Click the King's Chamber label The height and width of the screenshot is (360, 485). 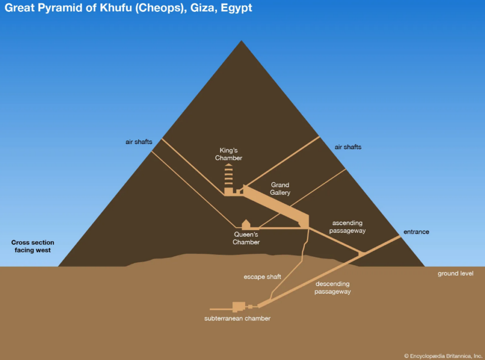pos(228,154)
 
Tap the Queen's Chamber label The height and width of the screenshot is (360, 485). pos(246,238)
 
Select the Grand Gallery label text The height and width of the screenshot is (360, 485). pos(280,188)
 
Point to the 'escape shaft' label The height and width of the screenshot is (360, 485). pos(262,277)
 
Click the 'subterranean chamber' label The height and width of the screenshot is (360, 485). pos(237,319)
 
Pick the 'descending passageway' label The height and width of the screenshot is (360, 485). pos(333,288)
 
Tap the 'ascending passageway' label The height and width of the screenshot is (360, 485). pos(348,227)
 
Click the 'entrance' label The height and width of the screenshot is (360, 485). pos(416,232)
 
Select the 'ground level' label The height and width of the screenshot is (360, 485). pos(455,273)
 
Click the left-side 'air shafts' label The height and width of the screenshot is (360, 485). pos(139,142)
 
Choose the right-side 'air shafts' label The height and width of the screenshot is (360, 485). pos(348,147)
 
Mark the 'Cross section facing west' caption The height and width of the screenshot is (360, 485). pos(33,246)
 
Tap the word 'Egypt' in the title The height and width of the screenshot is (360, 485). pos(237,8)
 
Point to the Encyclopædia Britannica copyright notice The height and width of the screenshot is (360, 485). pos(443,356)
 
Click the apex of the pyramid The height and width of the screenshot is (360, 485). pos(241,40)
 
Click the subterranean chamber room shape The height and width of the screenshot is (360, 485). pos(239,306)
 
